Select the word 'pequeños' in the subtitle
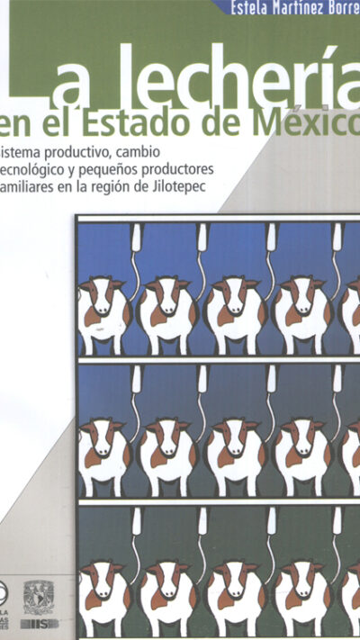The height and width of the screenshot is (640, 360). tap(154, 168)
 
